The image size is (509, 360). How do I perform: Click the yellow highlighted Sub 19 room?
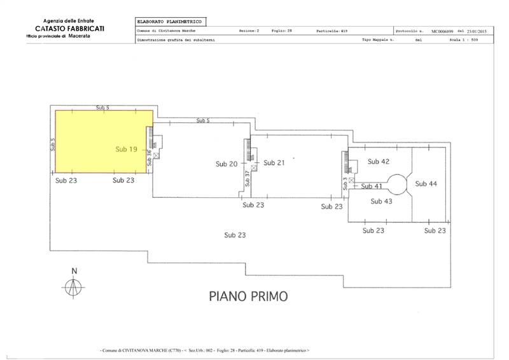click(102, 141)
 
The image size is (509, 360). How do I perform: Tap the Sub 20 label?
click(226, 163)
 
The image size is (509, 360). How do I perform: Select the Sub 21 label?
click(274, 163)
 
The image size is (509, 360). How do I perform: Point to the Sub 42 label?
click(379, 162)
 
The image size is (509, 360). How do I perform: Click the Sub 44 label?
click(426, 183)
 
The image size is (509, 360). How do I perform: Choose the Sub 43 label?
click(380, 201)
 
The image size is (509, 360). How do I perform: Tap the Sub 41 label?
click(371, 186)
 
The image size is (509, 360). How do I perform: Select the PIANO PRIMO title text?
click(248, 296)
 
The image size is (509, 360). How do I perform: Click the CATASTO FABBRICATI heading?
click(61, 29)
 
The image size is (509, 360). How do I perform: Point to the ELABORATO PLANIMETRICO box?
click(171, 22)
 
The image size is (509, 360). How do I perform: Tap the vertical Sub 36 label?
click(150, 157)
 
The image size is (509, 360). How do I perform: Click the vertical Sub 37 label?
click(247, 178)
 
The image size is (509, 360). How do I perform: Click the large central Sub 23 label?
click(235, 235)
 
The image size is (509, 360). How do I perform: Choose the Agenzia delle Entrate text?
click(62, 22)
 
